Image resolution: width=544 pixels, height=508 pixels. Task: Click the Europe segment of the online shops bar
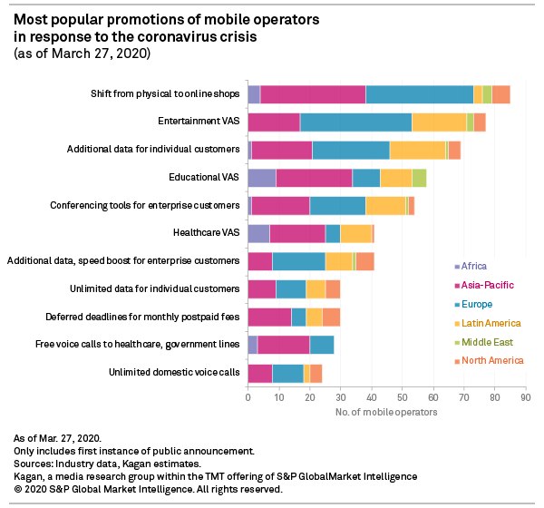coord(419,94)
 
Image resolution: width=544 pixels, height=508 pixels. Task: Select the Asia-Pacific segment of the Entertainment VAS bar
coord(274,122)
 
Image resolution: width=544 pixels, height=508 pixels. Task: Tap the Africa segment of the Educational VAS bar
coord(261,178)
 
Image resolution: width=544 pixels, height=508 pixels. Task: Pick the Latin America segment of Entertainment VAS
coord(439,122)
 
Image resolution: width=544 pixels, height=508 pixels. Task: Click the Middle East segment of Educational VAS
coord(419,178)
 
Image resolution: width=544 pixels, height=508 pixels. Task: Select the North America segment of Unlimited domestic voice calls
coord(316,373)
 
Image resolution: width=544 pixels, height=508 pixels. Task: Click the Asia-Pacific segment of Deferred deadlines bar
coord(269,317)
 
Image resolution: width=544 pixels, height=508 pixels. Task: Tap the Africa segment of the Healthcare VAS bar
coord(258,233)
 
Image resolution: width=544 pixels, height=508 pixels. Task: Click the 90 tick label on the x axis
coord(525,396)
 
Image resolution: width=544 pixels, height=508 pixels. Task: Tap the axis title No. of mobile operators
coord(386,412)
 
